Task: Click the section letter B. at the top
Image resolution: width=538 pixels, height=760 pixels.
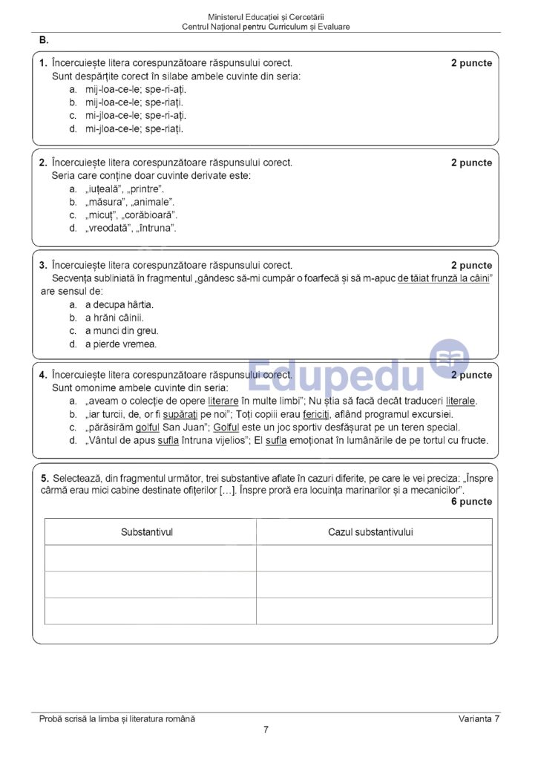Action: click(x=44, y=40)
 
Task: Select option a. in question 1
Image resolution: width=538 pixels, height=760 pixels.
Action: click(x=73, y=89)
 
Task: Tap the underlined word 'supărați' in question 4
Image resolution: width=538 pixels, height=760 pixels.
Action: click(x=180, y=414)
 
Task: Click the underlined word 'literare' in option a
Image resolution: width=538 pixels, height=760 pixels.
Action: click(x=223, y=401)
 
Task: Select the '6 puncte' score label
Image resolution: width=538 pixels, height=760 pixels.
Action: click(x=471, y=502)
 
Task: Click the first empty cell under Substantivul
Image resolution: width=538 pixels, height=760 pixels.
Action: click(x=151, y=558)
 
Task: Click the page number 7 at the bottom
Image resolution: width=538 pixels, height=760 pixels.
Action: click(x=266, y=730)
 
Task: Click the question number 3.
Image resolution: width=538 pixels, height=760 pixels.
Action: click(x=43, y=265)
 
